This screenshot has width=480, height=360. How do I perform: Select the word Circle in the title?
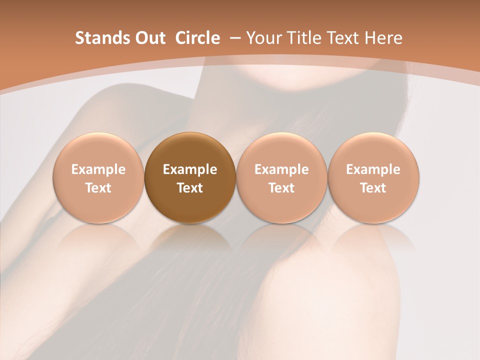197,38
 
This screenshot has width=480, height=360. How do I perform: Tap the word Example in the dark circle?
190,170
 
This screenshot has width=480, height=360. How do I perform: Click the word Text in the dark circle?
190,188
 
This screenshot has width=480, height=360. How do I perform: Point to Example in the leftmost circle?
98,170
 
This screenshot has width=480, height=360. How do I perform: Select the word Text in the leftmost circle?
98,188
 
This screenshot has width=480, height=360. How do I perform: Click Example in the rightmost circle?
373,170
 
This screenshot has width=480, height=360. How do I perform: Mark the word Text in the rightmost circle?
373,188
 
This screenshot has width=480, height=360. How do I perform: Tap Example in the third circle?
281,170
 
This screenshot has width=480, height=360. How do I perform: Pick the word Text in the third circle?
281,188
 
